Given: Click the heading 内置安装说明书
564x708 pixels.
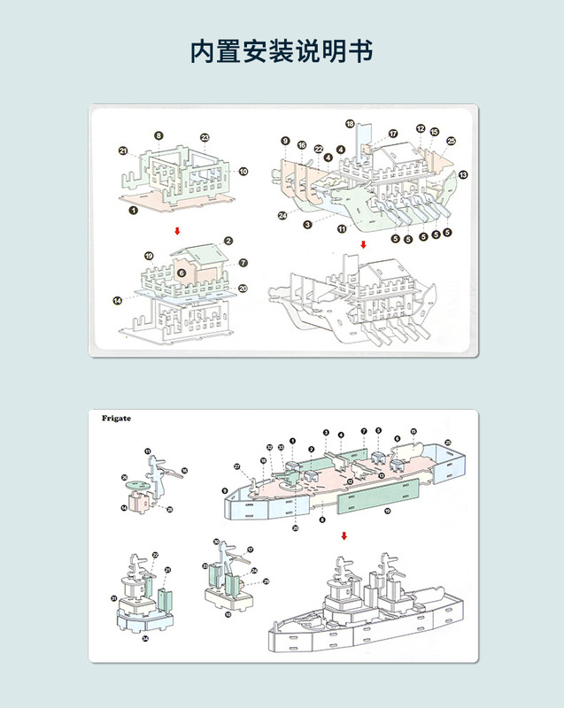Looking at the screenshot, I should pyautogui.click(x=282, y=51).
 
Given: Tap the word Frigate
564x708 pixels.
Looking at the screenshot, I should pyautogui.click(x=116, y=419).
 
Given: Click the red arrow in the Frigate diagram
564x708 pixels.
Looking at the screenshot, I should pyautogui.click(x=344, y=535).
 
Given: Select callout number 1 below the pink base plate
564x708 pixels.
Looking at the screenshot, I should pyautogui.click(x=133, y=211).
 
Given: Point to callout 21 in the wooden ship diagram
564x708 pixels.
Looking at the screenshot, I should pyautogui.click(x=124, y=151).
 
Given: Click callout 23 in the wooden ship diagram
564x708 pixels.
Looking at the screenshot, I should pyautogui.click(x=205, y=137).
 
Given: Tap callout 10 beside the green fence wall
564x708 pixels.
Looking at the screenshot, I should pyautogui.click(x=243, y=171).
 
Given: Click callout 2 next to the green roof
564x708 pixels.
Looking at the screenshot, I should pyautogui.click(x=228, y=241).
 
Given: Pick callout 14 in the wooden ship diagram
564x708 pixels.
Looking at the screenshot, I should pyautogui.click(x=118, y=301).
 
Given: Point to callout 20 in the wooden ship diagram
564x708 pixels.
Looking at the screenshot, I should pyautogui.click(x=243, y=288).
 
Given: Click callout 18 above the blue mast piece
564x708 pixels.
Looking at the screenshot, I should pyautogui.click(x=350, y=124).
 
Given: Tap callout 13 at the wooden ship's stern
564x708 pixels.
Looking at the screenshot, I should pyautogui.click(x=463, y=174).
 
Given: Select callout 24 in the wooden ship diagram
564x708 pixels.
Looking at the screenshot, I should pyautogui.click(x=282, y=215).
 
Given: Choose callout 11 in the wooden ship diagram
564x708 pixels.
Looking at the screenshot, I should pyautogui.click(x=341, y=229).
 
